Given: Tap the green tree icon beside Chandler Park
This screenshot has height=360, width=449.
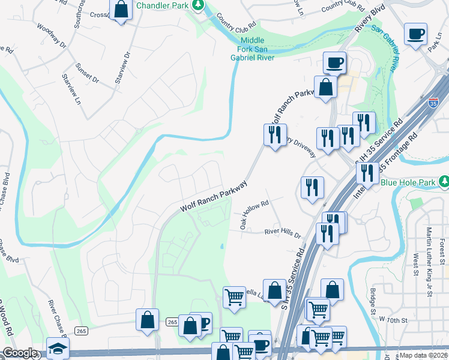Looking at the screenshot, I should click(x=197, y=5).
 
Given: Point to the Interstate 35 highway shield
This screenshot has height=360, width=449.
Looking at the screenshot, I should click(x=433, y=103).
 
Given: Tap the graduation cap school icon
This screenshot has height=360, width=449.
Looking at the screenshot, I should click(x=58, y=349).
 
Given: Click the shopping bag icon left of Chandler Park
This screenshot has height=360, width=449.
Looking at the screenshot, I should click(x=121, y=9).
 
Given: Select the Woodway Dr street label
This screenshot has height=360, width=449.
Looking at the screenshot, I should click(x=52, y=35).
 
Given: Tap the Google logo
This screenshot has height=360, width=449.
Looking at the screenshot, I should click(x=20, y=353).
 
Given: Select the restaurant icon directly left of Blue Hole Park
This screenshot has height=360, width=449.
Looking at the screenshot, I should click(x=367, y=173).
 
